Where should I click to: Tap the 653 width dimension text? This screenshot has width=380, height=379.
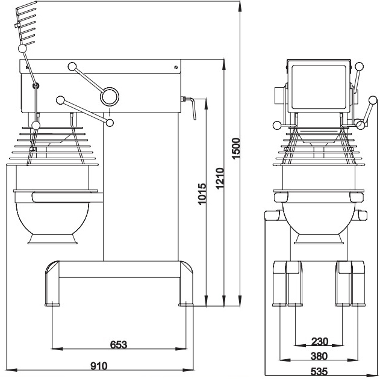119,345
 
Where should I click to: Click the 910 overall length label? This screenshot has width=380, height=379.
99,366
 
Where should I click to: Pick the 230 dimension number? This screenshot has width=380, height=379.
320,342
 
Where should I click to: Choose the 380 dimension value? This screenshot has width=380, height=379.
320,356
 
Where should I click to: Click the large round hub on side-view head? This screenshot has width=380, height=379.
110,96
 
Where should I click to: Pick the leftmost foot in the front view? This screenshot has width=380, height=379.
279,283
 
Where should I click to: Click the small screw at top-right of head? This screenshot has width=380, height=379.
175,67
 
